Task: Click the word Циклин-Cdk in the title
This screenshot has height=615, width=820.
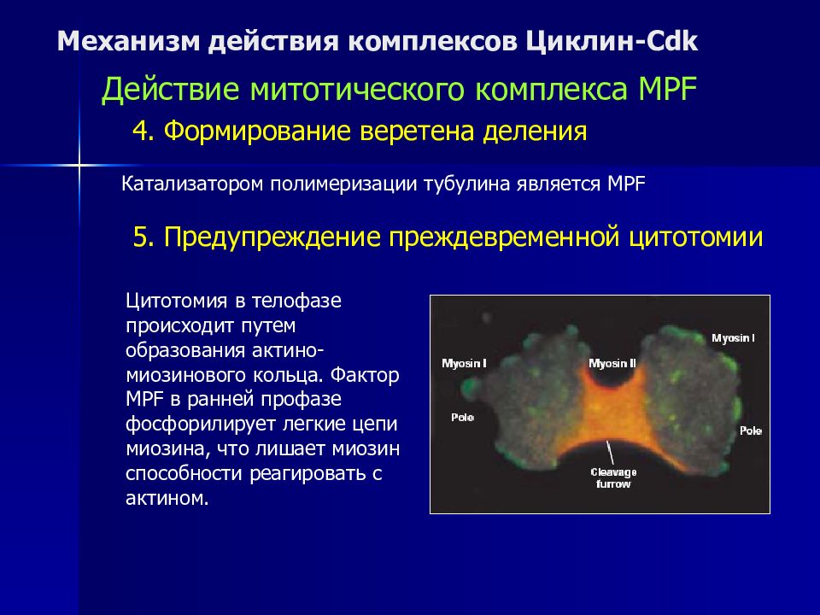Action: click(x=612, y=41)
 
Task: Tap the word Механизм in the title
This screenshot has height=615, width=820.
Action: click(x=129, y=41)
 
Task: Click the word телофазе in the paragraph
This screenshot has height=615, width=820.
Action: click(x=296, y=302)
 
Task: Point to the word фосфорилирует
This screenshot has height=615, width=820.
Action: click(x=201, y=425)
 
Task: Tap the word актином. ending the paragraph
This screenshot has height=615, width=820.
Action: click(x=167, y=498)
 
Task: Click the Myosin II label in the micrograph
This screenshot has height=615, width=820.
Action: click(x=612, y=363)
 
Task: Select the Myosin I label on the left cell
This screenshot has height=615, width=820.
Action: click(x=464, y=363)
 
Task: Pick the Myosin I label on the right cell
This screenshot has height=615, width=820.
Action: click(x=733, y=338)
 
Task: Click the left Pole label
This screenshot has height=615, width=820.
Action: click(x=462, y=418)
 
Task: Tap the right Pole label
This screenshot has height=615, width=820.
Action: click(x=751, y=430)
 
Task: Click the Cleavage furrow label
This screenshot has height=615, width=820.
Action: click(x=613, y=478)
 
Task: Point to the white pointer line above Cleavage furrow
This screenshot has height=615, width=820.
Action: click(x=610, y=453)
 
